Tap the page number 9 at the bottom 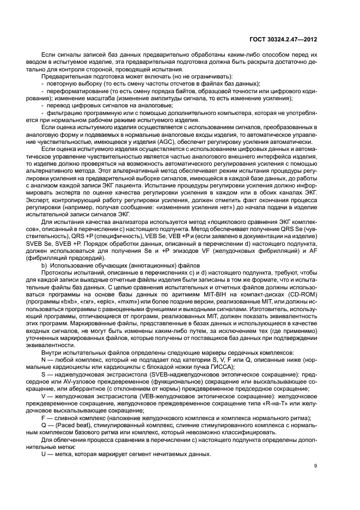tap(316, 465)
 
